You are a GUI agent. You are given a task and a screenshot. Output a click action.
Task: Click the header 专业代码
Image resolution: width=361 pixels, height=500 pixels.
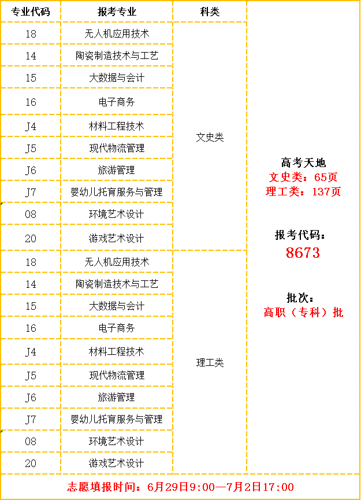coord(31,12)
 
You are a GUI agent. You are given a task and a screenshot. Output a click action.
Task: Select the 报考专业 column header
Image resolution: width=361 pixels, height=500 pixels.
coord(117,12)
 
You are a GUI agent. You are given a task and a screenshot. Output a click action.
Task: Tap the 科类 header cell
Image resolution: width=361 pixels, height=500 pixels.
coord(210,12)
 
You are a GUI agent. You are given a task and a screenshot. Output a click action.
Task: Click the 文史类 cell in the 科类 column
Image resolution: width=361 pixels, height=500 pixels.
coord(210,137)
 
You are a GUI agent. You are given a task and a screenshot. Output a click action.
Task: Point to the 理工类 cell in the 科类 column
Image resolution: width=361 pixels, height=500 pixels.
coord(210,362)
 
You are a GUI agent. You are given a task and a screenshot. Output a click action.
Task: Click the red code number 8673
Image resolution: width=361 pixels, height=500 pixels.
coord(303,253)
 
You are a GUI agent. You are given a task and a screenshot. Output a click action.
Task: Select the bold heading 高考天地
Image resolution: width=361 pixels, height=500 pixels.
coord(303,162)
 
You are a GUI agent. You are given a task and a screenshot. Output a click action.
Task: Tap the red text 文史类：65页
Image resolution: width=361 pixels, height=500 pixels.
coord(303,177)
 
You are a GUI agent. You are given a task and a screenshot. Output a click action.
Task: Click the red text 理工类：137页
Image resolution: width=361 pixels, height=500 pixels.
coord(303,191)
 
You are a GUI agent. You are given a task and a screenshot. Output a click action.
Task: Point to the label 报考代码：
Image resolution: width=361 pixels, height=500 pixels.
coord(300,235)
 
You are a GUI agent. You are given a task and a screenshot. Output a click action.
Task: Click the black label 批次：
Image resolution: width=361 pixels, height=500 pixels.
coord(300,298)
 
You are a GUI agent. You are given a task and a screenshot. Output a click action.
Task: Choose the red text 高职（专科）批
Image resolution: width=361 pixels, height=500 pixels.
coord(303,312)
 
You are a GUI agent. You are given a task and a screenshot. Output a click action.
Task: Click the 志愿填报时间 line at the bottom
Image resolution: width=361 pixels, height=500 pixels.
coord(180,487)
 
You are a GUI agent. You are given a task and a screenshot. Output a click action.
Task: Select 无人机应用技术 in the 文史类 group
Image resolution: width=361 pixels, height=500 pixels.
coord(117,34)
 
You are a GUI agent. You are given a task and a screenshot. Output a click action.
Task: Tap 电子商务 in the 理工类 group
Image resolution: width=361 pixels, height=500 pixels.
coord(117,328)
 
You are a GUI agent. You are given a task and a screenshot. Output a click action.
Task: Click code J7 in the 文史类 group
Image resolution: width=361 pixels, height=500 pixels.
coord(31,192)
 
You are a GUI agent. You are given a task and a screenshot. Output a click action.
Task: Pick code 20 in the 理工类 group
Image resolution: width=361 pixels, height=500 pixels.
coord(31,463)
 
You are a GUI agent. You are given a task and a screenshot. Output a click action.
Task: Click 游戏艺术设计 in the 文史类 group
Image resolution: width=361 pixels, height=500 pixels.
coord(117,238)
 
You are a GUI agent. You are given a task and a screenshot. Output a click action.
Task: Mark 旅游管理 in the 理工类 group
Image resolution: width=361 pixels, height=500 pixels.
coord(117,397)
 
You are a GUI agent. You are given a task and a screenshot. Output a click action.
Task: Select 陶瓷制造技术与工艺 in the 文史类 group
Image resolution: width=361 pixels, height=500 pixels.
coord(117,55)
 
